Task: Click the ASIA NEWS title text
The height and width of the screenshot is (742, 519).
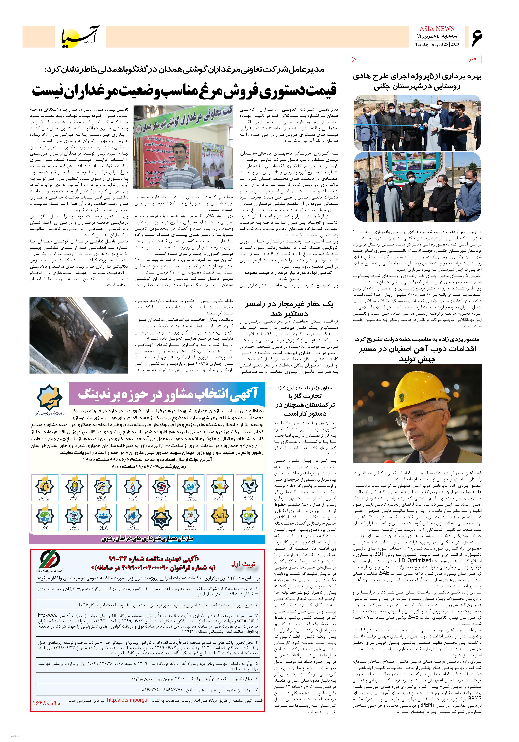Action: (x=437, y=29)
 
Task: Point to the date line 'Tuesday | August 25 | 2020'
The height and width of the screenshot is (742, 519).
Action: (x=437, y=45)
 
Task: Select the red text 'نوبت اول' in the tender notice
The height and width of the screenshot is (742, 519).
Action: (x=243, y=564)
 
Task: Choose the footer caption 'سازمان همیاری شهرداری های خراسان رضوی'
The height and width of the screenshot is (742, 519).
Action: (x=147, y=539)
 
